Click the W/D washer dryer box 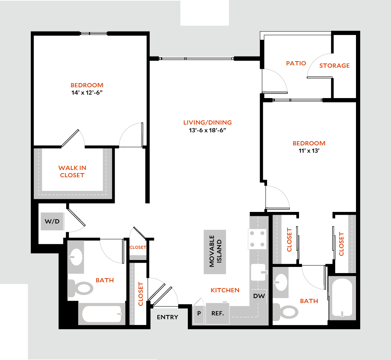[x=52, y=222]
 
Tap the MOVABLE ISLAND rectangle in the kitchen [x=215, y=252]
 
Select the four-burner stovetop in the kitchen [x=257, y=238]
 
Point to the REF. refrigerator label [x=217, y=313]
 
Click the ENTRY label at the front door [x=168, y=317]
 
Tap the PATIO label [x=296, y=63]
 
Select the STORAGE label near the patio [x=334, y=65]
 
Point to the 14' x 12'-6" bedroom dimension [x=87, y=92]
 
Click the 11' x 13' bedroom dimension [x=309, y=151]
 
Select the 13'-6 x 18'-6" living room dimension [x=207, y=130]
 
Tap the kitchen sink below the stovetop [x=259, y=272]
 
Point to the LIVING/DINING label [x=207, y=123]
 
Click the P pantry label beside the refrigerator [x=199, y=313]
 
